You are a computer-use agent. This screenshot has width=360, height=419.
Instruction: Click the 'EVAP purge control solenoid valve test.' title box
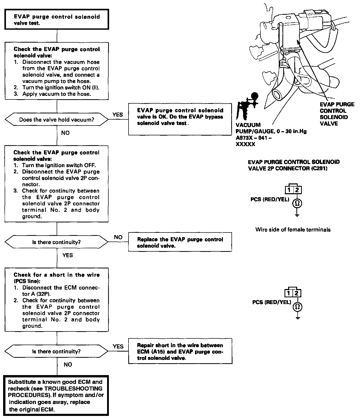[x=56, y=20]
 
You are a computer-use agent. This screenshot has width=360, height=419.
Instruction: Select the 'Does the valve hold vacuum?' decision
[x=57, y=120]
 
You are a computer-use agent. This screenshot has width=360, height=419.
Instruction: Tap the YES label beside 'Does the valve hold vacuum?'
[x=118, y=115]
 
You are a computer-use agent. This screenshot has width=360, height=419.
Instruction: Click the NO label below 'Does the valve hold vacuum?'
[x=65, y=133]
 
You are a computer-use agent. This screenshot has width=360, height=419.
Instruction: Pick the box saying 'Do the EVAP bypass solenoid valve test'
[x=180, y=119]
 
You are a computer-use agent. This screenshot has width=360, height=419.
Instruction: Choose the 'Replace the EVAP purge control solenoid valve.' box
[x=180, y=242]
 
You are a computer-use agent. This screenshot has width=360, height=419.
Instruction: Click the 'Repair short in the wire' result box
[x=180, y=351]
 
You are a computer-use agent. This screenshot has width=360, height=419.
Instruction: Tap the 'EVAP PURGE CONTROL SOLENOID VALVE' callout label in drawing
[x=337, y=114]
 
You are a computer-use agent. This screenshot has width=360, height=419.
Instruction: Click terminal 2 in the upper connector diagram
[x=297, y=190]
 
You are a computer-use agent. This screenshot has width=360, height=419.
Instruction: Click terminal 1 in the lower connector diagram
[x=289, y=293]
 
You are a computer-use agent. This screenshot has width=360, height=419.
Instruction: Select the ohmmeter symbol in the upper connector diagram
[x=297, y=203]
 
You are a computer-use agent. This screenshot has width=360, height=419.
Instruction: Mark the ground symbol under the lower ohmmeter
[x=298, y=317]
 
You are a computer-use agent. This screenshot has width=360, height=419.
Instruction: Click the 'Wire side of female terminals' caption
[x=293, y=229]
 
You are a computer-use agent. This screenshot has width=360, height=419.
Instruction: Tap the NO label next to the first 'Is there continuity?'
[x=118, y=237]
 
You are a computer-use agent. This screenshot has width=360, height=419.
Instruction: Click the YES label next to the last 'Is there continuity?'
[x=118, y=346]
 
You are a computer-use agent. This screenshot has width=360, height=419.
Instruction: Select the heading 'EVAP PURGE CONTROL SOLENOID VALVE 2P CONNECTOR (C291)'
[x=294, y=165]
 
